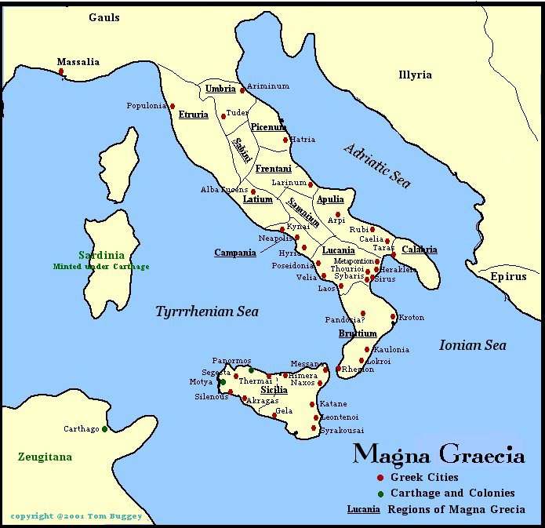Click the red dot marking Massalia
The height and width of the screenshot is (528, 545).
(x=61, y=71)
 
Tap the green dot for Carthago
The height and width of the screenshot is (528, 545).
(x=104, y=429)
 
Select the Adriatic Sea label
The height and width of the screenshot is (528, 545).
(x=377, y=166)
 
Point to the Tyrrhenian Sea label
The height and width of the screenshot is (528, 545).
(x=207, y=311)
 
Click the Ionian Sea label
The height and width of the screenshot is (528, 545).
(x=472, y=345)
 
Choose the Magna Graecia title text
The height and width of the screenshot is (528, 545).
(x=438, y=454)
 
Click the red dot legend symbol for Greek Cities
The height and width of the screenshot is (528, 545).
(x=380, y=478)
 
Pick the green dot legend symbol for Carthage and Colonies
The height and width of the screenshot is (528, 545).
(x=380, y=493)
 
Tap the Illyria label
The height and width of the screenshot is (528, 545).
(x=415, y=75)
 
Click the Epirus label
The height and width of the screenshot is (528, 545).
(x=510, y=276)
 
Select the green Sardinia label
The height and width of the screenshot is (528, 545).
(x=101, y=255)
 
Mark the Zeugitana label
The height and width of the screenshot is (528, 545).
(x=45, y=457)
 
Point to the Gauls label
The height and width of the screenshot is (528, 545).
(x=104, y=17)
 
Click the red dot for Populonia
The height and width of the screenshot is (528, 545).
(x=173, y=107)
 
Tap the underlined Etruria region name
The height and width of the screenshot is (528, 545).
(x=194, y=115)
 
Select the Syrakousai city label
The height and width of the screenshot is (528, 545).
(x=342, y=431)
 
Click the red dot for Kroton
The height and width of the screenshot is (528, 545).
(x=393, y=317)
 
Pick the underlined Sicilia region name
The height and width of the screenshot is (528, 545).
(x=274, y=390)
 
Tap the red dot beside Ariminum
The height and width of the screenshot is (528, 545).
(x=242, y=90)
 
